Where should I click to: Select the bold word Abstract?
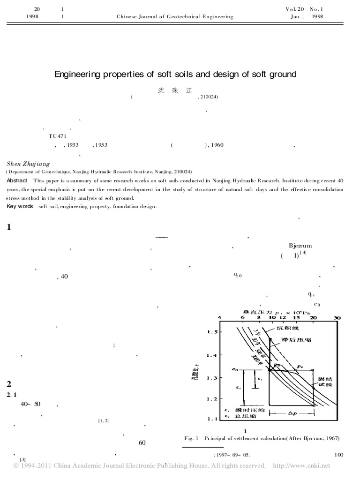click(x=17, y=181)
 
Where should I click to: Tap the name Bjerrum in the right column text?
click(x=300, y=246)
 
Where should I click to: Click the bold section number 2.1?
click(x=11, y=394)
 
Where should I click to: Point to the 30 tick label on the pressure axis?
click(x=337, y=318)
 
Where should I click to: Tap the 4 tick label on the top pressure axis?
click(x=220, y=318)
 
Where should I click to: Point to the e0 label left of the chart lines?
click(x=235, y=370)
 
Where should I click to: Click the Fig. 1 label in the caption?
click(x=191, y=438)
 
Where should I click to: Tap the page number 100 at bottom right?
click(x=339, y=454)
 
